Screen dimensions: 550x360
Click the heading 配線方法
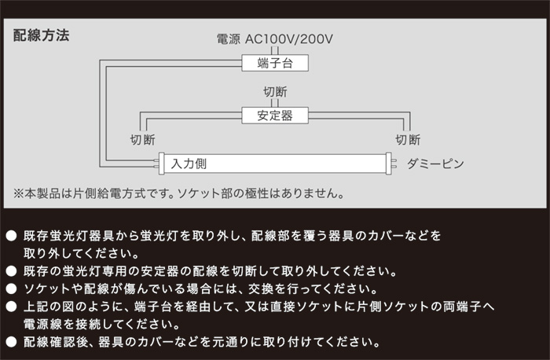(41, 35)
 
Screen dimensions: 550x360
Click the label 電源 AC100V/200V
(275, 39)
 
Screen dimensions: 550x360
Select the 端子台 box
(275, 63)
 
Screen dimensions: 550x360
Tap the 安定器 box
(275, 116)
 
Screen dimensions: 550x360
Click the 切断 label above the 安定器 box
(275, 92)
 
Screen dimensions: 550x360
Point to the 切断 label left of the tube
(143, 140)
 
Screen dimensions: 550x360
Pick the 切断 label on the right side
(408, 140)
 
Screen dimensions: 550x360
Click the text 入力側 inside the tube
(189, 163)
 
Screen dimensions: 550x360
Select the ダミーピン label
(435, 163)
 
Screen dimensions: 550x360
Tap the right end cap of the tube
(389, 163)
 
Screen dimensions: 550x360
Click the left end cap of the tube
(161, 163)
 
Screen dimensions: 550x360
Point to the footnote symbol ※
(19, 193)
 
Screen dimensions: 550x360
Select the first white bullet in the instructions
(11, 236)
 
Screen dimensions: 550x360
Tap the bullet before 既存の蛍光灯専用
(11, 271)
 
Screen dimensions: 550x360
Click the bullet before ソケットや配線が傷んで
(11, 288)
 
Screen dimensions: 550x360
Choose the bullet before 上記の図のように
(11, 307)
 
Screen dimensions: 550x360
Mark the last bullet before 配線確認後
(11, 341)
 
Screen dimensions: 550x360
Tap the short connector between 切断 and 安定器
(275, 103)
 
